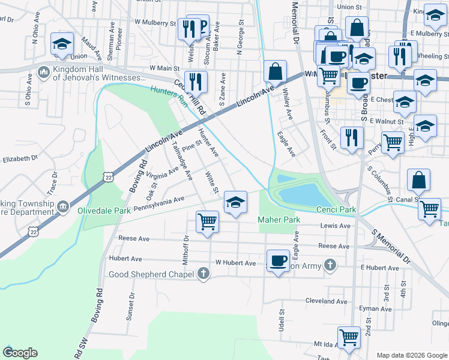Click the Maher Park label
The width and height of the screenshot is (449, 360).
(279, 220)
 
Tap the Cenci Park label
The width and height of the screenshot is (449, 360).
(336, 209)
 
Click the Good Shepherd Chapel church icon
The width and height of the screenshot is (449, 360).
(203, 274)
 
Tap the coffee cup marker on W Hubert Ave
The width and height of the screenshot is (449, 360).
(277, 260)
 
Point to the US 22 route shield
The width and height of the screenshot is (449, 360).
(107, 177)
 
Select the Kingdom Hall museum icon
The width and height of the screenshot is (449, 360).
(43, 73)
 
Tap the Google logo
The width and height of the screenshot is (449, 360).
(20, 353)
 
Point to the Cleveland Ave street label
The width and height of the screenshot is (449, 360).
(327, 301)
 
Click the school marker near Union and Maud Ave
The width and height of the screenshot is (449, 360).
(62, 45)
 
